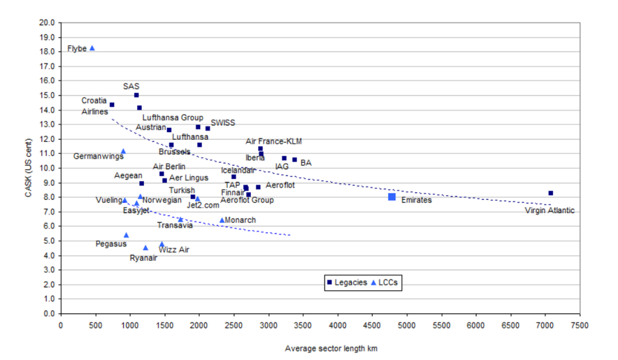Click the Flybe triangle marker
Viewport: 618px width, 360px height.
pos(92,48)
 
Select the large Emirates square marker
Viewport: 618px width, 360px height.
pos(392,197)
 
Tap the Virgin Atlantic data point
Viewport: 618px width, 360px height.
pos(551,193)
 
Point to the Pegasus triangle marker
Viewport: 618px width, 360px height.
pos(127,235)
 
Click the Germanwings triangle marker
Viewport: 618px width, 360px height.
pos(123,151)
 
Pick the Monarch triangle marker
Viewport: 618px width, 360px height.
pos(222,220)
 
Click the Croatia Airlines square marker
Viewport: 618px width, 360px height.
pos(112,105)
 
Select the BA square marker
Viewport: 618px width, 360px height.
pos(294,160)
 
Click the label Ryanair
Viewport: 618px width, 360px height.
pos(143,258)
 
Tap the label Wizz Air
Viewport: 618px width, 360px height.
pos(174,250)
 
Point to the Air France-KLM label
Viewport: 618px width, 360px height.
pos(274,141)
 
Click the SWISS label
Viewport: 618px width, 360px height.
pos(222,122)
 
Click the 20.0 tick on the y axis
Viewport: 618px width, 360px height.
pos(47,22)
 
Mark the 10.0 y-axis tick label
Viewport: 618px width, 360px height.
pos(47,168)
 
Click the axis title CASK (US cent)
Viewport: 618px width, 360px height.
pos(28,168)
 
